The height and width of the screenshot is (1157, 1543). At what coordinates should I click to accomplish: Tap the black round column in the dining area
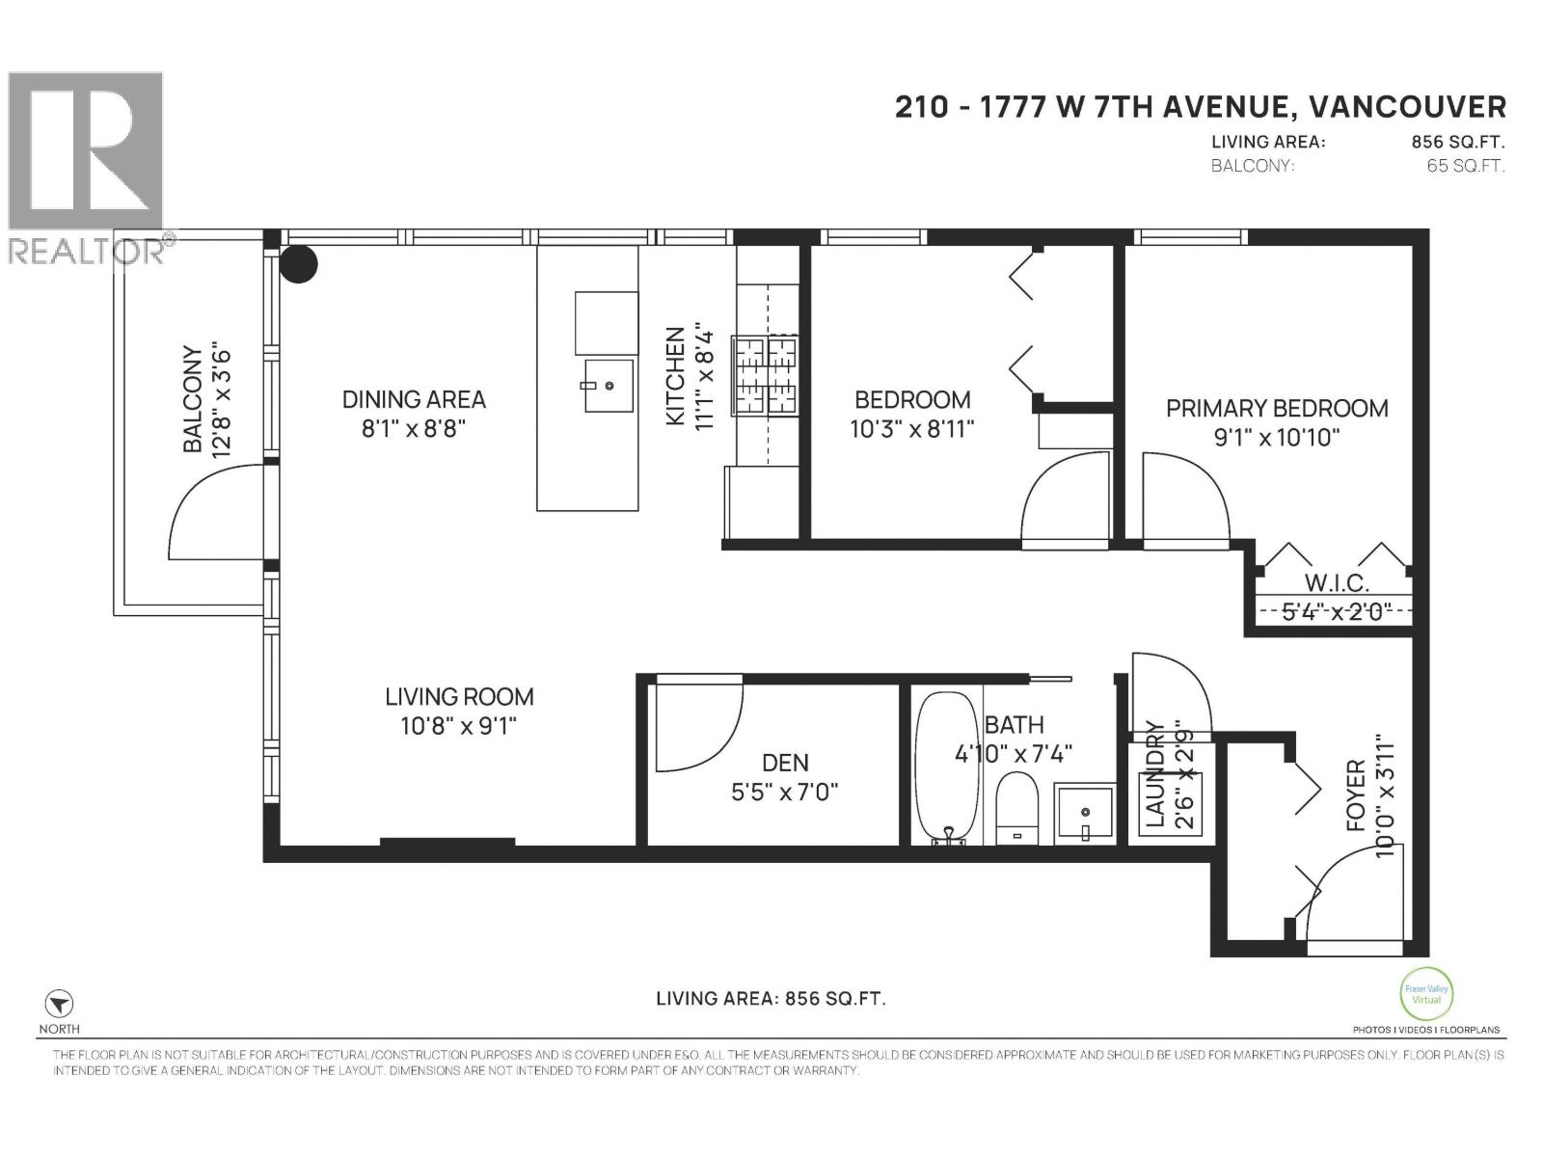tap(298, 264)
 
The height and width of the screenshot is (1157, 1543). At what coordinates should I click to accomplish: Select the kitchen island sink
tap(607, 386)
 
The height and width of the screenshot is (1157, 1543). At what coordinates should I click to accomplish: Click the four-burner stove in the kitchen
tap(765, 376)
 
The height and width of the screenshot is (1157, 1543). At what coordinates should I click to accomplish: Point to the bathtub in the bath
tap(946, 767)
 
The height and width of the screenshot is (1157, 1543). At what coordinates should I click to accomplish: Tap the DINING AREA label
tap(414, 399)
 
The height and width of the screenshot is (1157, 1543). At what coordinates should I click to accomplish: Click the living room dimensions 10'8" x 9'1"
tap(459, 726)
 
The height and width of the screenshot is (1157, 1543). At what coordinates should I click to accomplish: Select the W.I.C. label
tap(1337, 583)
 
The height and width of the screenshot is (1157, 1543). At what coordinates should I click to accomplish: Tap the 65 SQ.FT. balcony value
tap(1465, 166)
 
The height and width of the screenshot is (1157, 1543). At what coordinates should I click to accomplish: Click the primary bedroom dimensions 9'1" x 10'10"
tap(1277, 438)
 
